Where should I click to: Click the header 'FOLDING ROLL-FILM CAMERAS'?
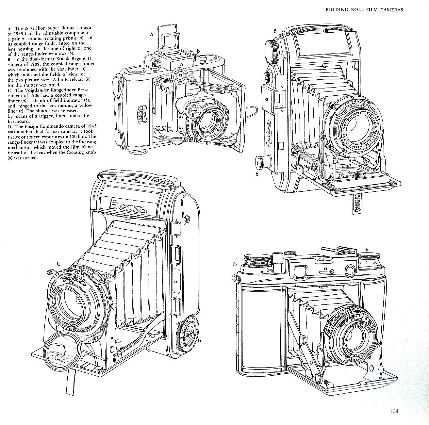[364, 9]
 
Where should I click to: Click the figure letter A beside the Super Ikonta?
[151, 34]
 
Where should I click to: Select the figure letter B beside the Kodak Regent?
[275, 30]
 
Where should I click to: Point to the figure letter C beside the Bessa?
[58, 263]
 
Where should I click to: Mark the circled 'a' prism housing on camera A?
[179, 75]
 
